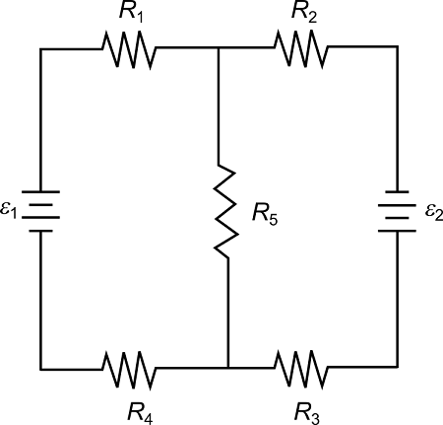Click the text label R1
tap(132, 13)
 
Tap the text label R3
tap(307, 409)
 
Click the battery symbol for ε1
tap(40, 210)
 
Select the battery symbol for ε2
tap(398, 210)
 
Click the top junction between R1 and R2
tap(219, 46)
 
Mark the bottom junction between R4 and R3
tap(227, 368)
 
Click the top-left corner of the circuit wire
tap(40, 46)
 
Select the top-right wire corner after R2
tap(398, 46)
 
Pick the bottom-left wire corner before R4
tap(40, 368)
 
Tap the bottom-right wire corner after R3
tap(398, 368)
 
